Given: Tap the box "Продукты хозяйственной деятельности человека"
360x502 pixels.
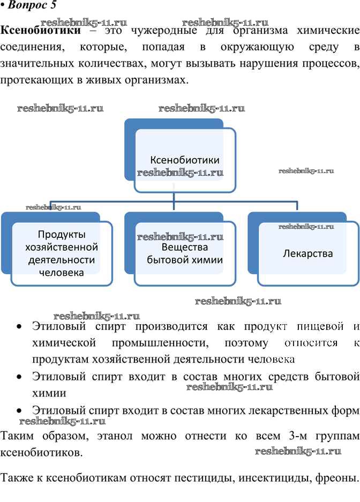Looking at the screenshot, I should click(62, 253).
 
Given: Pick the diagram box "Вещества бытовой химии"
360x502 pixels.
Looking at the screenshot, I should click(185, 253).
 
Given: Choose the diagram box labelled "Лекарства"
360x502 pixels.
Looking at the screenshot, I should click(307, 253).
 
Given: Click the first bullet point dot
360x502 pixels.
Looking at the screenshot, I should click(19, 327).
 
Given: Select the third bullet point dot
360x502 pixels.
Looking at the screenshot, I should click(19, 411).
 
